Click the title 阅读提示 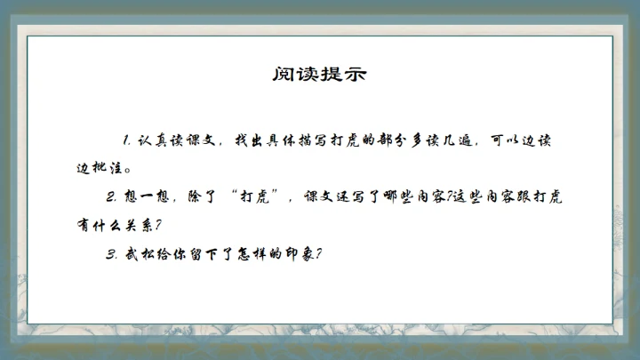[x=319, y=74]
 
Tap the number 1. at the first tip [x=128, y=140]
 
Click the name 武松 [x=137, y=253]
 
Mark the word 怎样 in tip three [x=250, y=253]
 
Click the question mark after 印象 [x=318, y=253]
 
